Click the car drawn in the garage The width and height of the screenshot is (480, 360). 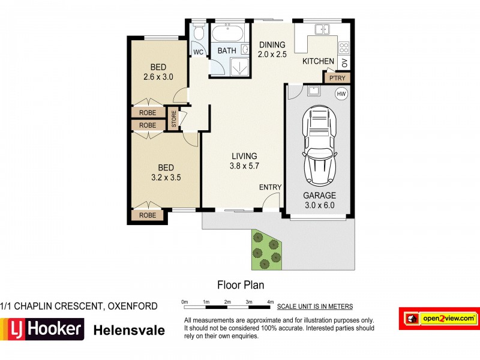(320, 146)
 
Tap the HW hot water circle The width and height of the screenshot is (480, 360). (341, 94)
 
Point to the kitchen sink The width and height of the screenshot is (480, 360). (322, 29)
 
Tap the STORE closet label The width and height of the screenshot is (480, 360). (173, 118)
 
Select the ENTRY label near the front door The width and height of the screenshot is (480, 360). (270, 187)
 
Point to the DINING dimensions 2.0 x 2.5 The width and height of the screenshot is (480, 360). (272, 55)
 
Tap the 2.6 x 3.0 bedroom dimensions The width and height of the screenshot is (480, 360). (158, 77)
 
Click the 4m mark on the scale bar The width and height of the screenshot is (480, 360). (270, 301)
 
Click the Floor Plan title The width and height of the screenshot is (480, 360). (240, 285)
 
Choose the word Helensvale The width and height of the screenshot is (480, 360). (129, 329)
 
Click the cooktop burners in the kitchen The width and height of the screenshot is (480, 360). (344, 46)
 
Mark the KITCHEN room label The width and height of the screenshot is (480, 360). (318, 61)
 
